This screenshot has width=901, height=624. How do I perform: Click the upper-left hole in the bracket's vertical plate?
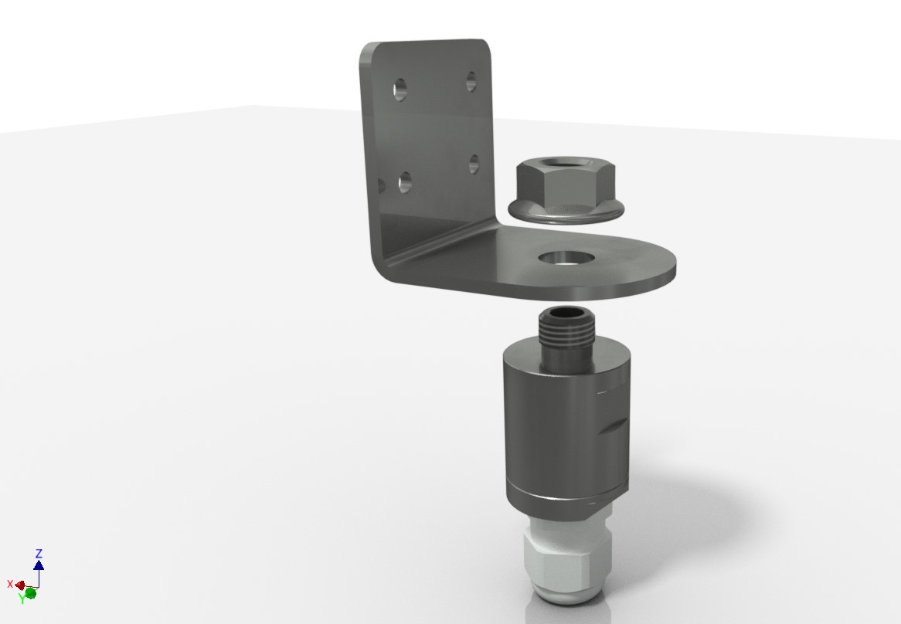(400, 89)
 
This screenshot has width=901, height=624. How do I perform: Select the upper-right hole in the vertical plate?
(471, 81)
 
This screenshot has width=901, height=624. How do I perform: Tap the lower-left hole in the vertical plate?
(405, 182)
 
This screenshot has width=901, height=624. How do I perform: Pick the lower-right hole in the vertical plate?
(474, 164)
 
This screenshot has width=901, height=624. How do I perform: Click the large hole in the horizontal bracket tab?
(566, 258)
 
